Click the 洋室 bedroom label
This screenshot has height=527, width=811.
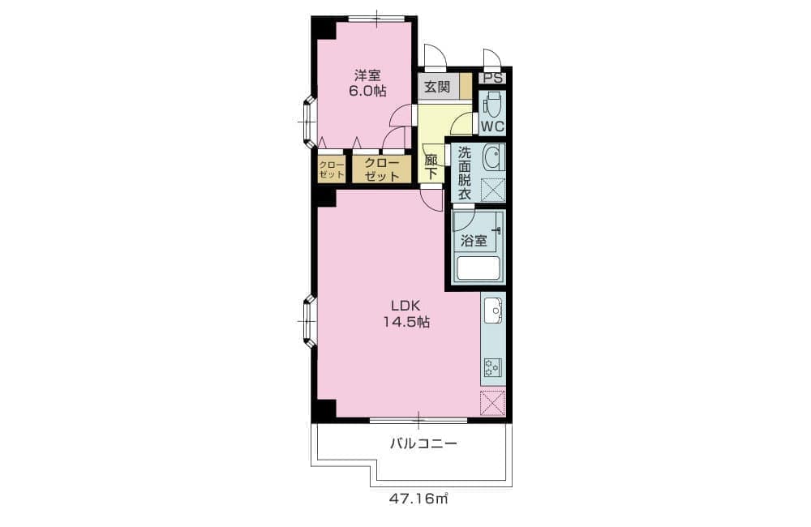(367, 75)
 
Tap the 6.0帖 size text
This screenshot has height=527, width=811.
(367, 92)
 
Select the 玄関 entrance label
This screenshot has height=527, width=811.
(437, 87)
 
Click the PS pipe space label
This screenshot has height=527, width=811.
(492, 79)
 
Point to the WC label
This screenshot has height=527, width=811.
(492, 126)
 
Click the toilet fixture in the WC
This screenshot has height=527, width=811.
(494, 104)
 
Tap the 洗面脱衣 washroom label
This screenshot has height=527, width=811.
(465, 174)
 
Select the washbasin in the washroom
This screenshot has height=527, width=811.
(493, 157)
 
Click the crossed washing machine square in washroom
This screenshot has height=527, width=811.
(493, 189)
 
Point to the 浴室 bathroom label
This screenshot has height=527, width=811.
(474, 241)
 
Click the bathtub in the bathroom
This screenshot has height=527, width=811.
(478, 268)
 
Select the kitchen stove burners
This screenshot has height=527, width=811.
(492, 367)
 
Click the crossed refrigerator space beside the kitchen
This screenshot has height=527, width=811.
(492, 404)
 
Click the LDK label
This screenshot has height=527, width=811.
(405, 305)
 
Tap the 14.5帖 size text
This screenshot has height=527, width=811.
(406, 322)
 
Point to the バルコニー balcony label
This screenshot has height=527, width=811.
(423, 443)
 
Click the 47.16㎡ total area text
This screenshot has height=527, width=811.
(418, 499)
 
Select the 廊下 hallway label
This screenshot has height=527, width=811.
(431, 167)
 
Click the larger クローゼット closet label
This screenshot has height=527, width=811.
(382, 169)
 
